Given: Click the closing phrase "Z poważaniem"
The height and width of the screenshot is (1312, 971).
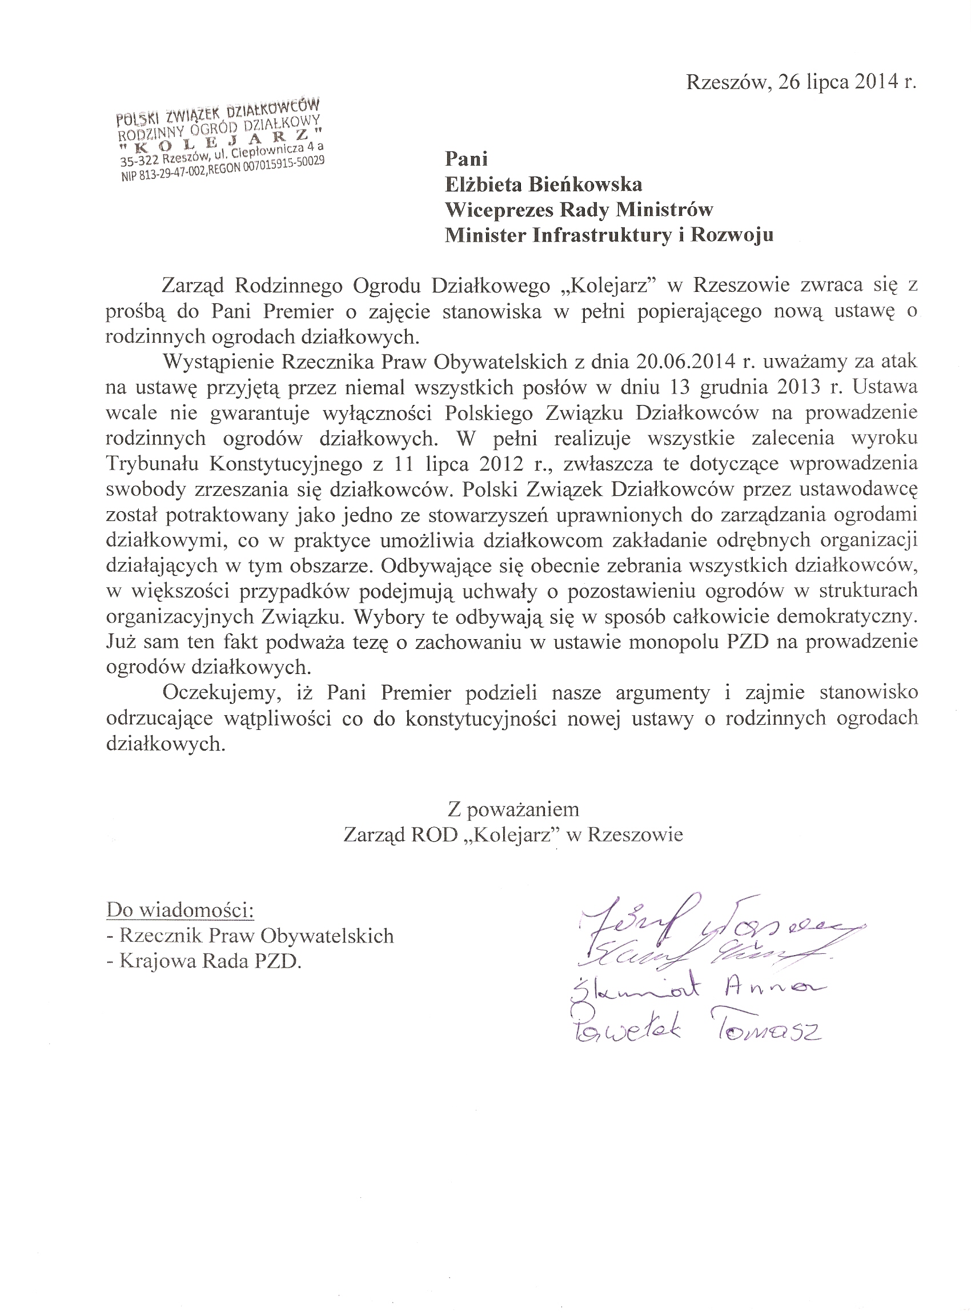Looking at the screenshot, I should coord(513,810).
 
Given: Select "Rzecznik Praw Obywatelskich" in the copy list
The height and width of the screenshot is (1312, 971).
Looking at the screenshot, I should coord(256,936).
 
